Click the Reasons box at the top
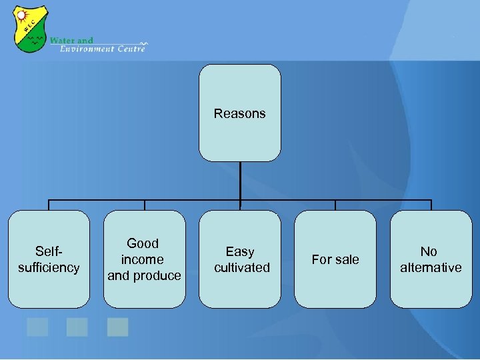(240, 113)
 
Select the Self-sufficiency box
(49, 259)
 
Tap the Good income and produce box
(144, 259)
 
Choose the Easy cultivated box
(240, 259)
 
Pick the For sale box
(335, 259)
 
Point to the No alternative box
(431, 259)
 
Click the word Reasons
(240, 113)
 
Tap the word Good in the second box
(143, 243)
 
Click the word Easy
(240, 251)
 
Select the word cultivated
(242, 267)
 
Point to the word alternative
(431, 267)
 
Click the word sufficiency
(49, 267)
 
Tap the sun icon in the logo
(21, 15)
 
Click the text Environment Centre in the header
(102, 49)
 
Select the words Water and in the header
(72, 40)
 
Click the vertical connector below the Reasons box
(240, 180)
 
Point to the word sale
(346, 259)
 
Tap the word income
(143, 259)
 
